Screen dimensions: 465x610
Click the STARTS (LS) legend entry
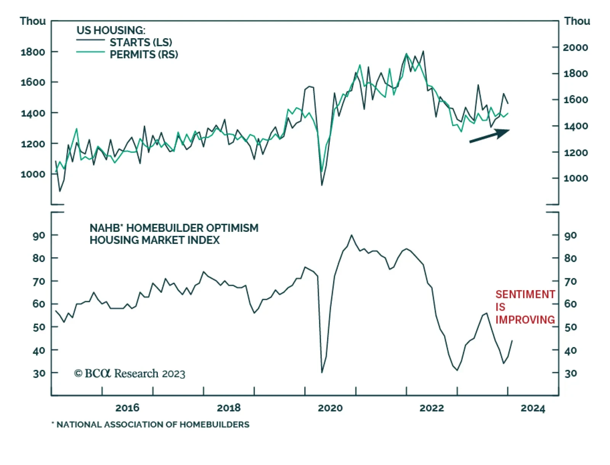coord(141,42)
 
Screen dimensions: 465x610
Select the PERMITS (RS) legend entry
coord(144,55)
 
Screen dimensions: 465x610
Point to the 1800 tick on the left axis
coord(33,52)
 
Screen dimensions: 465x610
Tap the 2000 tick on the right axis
coord(575,48)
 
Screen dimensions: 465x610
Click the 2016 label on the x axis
coord(127,408)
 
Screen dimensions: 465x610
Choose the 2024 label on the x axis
coord(533,408)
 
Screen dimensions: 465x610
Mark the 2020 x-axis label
coord(330,408)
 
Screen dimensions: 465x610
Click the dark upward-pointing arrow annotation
coord(490,136)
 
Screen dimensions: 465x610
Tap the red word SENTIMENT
coord(525,294)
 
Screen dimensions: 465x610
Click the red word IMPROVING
coord(525,320)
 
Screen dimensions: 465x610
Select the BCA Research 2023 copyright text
coord(130,373)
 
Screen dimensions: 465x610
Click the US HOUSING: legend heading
coord(111,30)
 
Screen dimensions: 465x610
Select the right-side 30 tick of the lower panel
coord(570,373)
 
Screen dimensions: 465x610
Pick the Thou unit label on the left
coord(33,21)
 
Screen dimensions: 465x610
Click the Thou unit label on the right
coord(577,21)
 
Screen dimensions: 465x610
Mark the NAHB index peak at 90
coord(351,235)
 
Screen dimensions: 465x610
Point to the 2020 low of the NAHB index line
coord(322,372)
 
